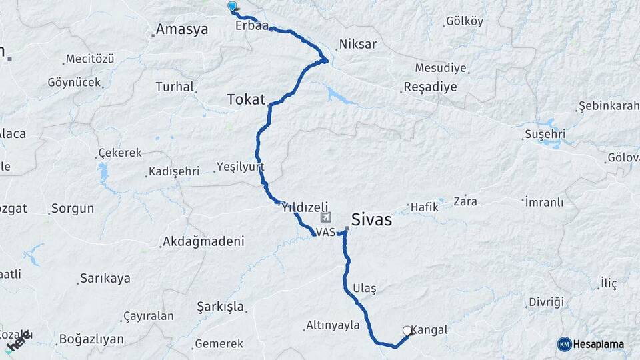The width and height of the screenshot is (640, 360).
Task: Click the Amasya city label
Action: coord(181,29)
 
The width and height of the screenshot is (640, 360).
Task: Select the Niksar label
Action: coord(358,45)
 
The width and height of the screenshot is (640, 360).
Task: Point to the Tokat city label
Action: coord(246,99)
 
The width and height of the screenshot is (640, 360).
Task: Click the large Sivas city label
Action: coord(371,219)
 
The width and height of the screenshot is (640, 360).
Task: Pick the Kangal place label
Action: coord(429,329)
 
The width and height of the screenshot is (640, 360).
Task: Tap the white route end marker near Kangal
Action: coord(407,330)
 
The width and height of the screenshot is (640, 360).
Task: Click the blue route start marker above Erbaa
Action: coord(232,6)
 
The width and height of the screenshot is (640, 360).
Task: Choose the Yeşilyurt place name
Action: coord(241,167)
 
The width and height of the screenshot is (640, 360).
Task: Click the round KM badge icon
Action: coord(565,344)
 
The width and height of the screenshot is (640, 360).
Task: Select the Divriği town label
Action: coord(546,301)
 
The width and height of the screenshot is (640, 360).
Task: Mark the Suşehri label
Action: coord(545,135)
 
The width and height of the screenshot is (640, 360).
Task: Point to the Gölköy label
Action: coord(465,21)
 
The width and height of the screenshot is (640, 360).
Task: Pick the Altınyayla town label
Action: coord(333,325)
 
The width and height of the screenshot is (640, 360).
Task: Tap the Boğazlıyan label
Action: coord(91,339)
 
